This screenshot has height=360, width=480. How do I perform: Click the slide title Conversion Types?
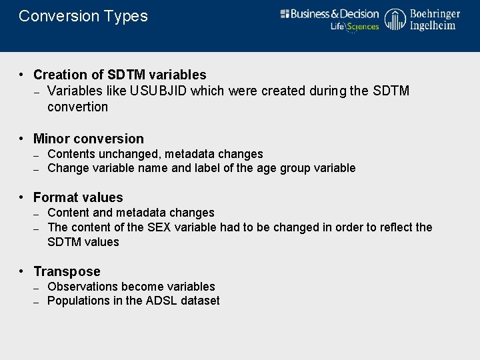pos(83,16)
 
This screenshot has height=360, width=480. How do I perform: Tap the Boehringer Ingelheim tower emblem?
pos(395,20)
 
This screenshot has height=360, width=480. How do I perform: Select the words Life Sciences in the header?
pos(355,27)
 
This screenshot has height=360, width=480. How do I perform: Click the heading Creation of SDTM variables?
pos(120,75)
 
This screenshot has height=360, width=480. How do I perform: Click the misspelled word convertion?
pos(77,107)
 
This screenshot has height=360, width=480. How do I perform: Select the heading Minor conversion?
pos(89,139)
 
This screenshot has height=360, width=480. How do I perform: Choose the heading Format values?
pos(78,197)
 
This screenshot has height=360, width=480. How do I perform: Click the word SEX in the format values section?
pos(159,227)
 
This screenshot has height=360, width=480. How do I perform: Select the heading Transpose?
pos(67,271)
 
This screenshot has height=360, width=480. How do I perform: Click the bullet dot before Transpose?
pos(22,271)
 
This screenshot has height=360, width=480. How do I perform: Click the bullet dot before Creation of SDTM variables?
pos(22,75)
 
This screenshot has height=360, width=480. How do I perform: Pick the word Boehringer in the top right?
pos(435,14)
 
